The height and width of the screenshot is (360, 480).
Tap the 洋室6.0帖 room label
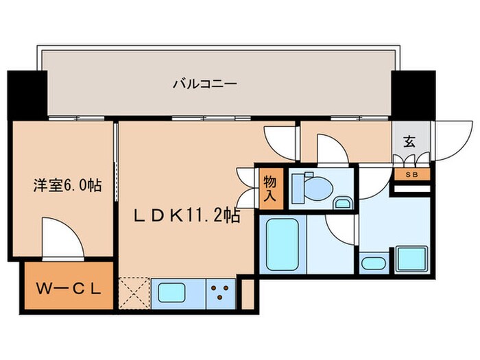click(x=67, y=185)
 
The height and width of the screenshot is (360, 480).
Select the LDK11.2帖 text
click(x=186, y=217)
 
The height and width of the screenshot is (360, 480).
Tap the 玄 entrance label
click(x=409, y=142)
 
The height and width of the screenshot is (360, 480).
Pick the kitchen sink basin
click(x=177, y=293)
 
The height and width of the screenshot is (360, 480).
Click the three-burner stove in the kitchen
click(x=221, y=293)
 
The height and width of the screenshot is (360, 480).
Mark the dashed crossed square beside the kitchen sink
click(x=133, y=293)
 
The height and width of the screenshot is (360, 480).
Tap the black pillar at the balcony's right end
click(x=413, y=93)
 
